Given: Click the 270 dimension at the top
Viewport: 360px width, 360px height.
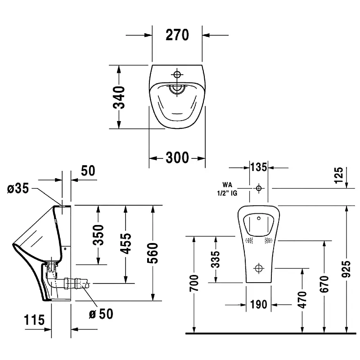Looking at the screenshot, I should click(x=177, y=35).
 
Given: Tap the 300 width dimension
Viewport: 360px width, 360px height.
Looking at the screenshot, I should click(x=177, y=157).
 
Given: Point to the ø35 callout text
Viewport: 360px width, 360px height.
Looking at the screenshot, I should click(x=18, y=189).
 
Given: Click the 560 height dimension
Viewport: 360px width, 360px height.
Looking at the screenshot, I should click(x=153, y=253).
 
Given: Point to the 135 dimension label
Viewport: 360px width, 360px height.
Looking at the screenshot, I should click(x=259, y=167).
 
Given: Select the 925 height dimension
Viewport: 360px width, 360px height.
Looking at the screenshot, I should click(x=346, y=270).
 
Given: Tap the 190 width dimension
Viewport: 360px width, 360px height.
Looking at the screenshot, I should click(x=258, y=305).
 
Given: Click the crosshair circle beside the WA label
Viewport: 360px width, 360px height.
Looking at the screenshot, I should click(x=259, y=188).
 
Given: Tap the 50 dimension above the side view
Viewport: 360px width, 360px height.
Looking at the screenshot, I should click(x=88, y=171).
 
